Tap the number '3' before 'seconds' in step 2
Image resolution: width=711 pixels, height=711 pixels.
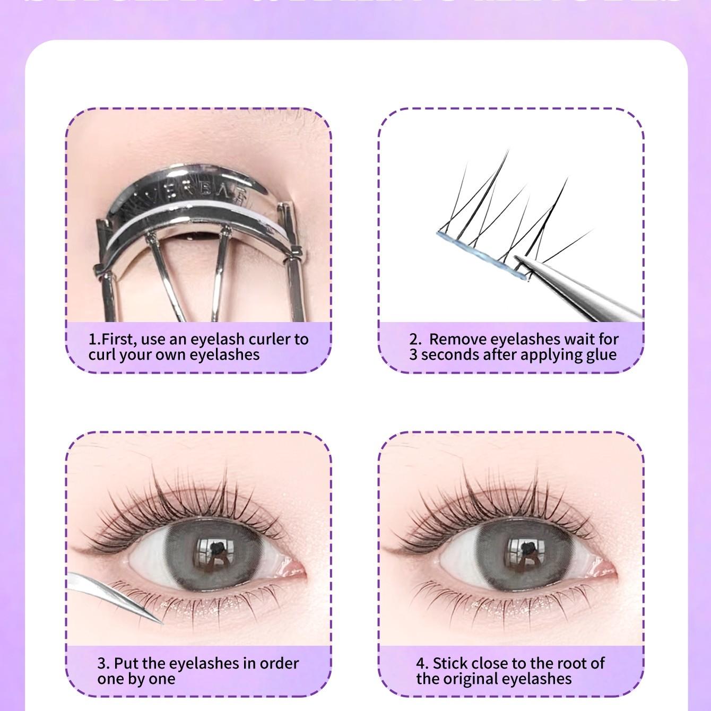(x=413, y=354)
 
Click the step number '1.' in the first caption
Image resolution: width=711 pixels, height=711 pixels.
(x=94, y=339)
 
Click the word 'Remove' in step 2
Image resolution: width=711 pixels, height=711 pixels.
(x=457, y=339)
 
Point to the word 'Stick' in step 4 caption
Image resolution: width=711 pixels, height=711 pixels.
(x=450, y=663)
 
